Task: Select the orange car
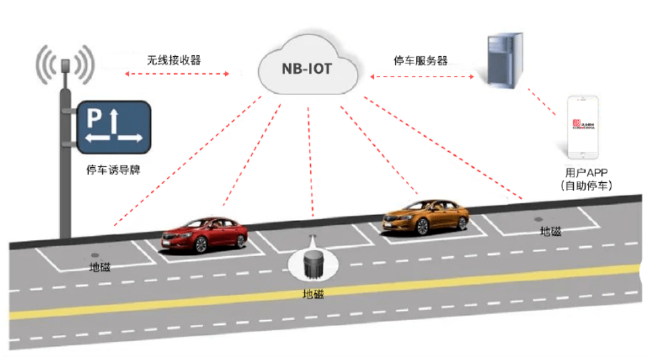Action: point(426,217)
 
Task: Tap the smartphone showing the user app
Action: point(583,127)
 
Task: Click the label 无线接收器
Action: point(174,60)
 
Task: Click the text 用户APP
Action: point(586,172)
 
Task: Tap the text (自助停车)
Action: point(586,186)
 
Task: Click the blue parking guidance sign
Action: point(112,126)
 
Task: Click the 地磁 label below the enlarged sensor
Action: point(313,294)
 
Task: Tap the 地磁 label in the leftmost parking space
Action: point(99,268)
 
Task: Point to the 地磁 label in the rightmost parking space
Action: point(550,232)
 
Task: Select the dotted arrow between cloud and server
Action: point(421,76)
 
